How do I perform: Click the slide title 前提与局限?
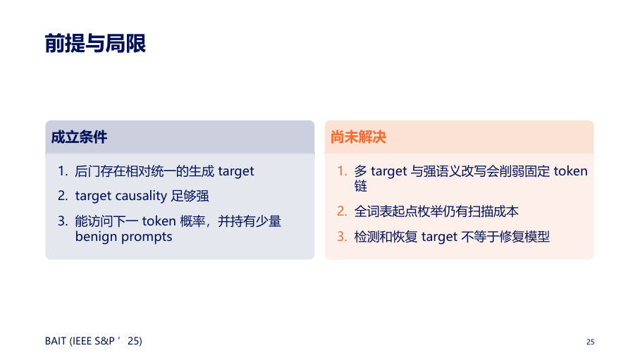[95, 43]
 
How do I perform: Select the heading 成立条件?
[79, 137]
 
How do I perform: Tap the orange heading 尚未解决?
[358, 137]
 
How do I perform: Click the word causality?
[141, 196]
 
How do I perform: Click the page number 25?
[590, 342]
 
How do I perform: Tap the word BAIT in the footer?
[56, 341]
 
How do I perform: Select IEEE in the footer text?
[82, 341]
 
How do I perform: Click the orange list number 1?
[342, 171]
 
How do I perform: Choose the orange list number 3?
[342, 237]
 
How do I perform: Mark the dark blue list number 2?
[63, 196]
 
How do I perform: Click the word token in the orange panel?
[570, 171]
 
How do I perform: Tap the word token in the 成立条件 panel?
[159, 221]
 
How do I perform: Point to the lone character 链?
[360, 187]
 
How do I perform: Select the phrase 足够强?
[190, 196]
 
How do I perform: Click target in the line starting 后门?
[236, 171]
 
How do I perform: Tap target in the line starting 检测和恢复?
[439, 237]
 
